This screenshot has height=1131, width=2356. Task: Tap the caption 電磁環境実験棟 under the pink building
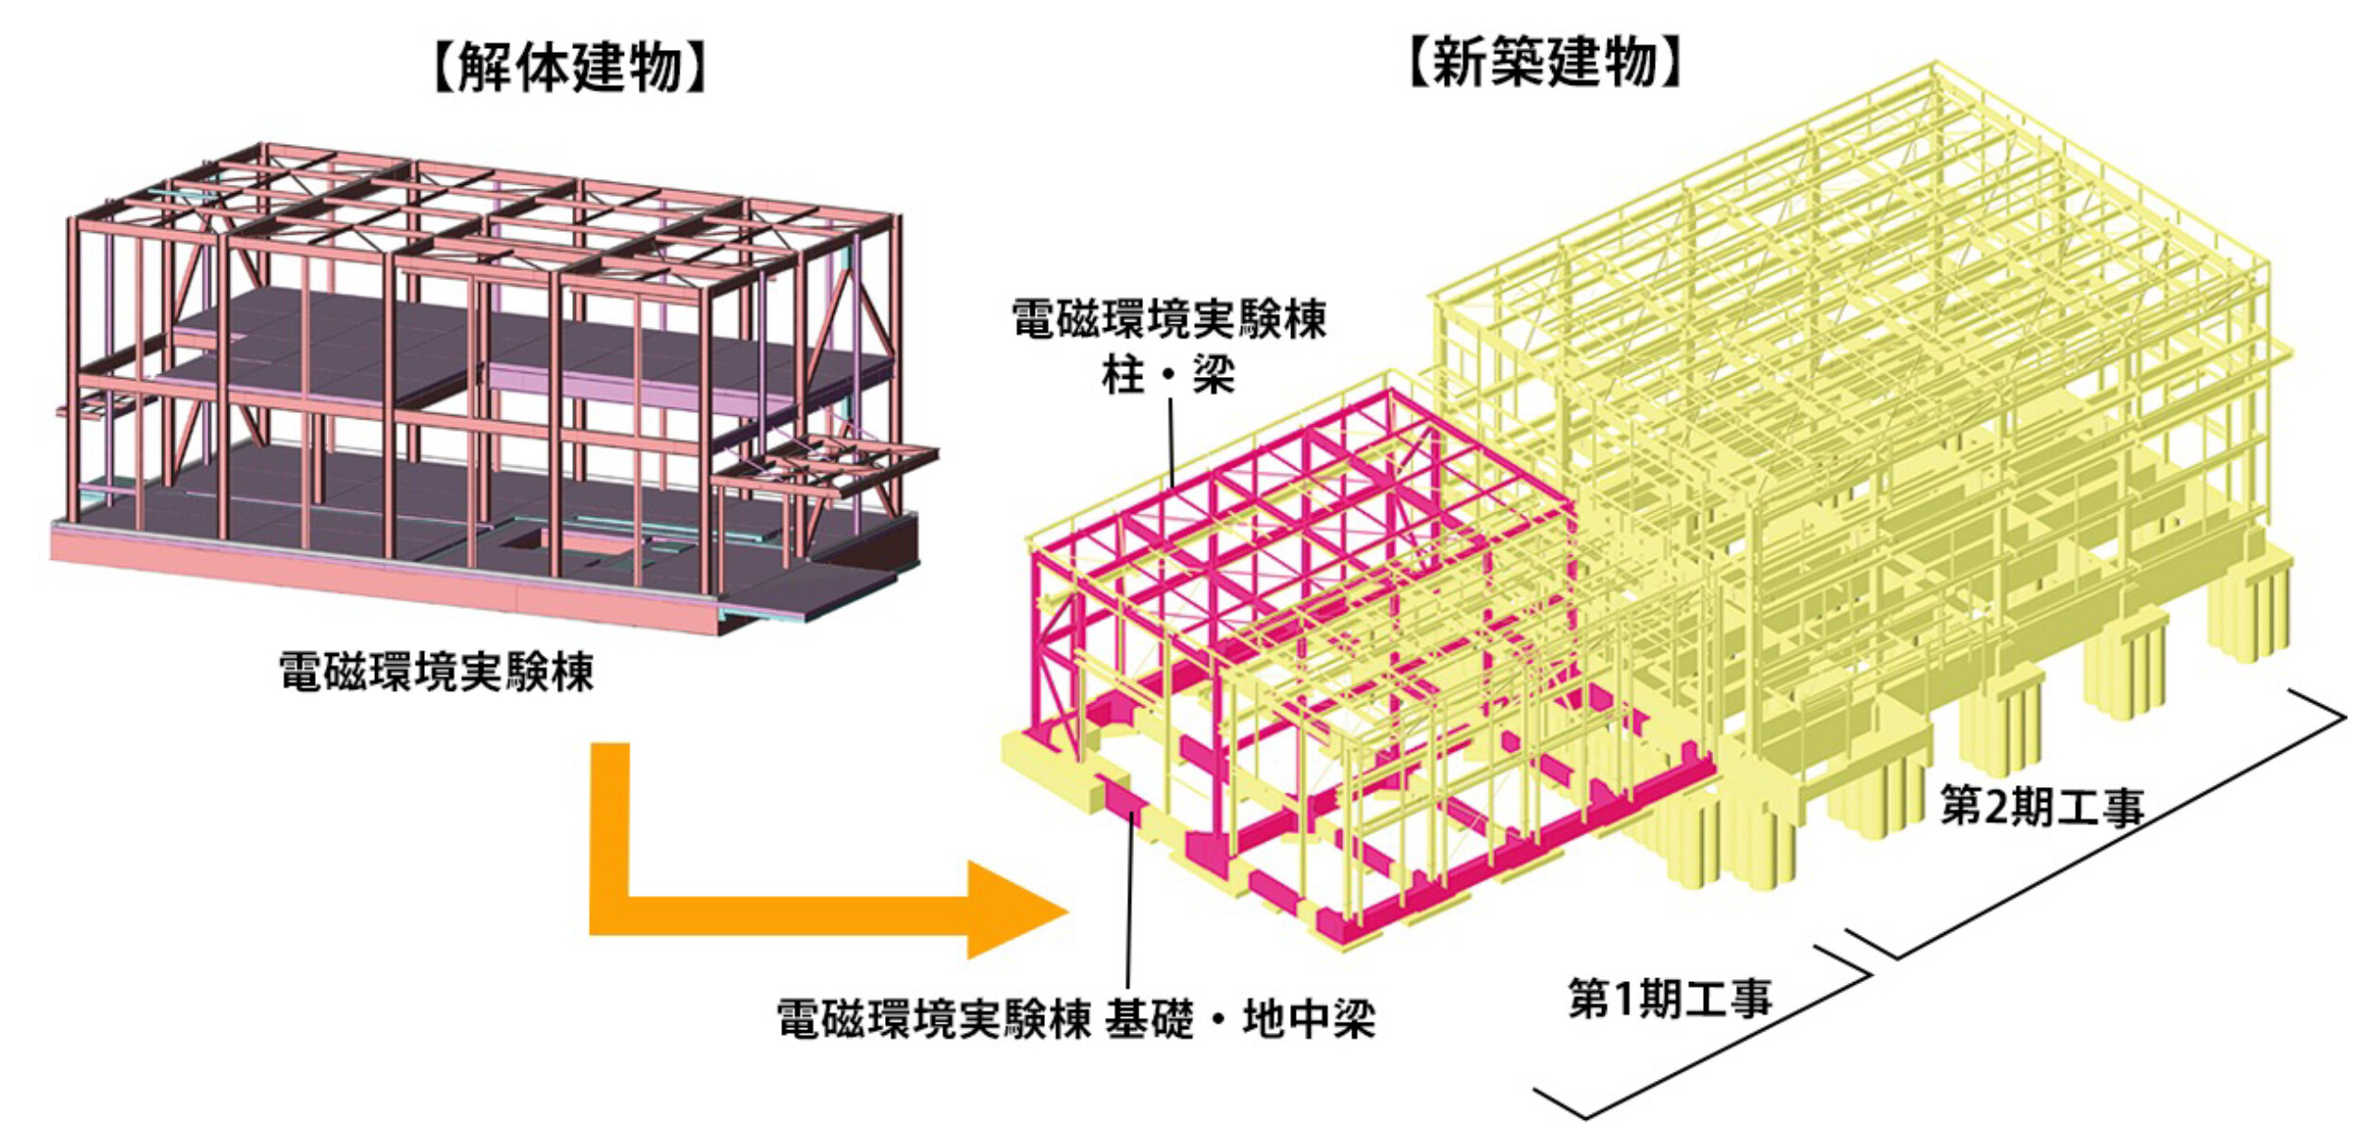click(x=436, y=673)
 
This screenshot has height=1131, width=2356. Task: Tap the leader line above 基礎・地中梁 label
click(x=1129, y=895)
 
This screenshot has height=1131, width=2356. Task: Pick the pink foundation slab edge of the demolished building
click(x=377, y=580)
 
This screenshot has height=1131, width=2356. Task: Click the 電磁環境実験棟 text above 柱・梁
click(x=1169, y=320)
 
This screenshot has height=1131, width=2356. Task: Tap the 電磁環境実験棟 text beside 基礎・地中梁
click(x=933, y=1020)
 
